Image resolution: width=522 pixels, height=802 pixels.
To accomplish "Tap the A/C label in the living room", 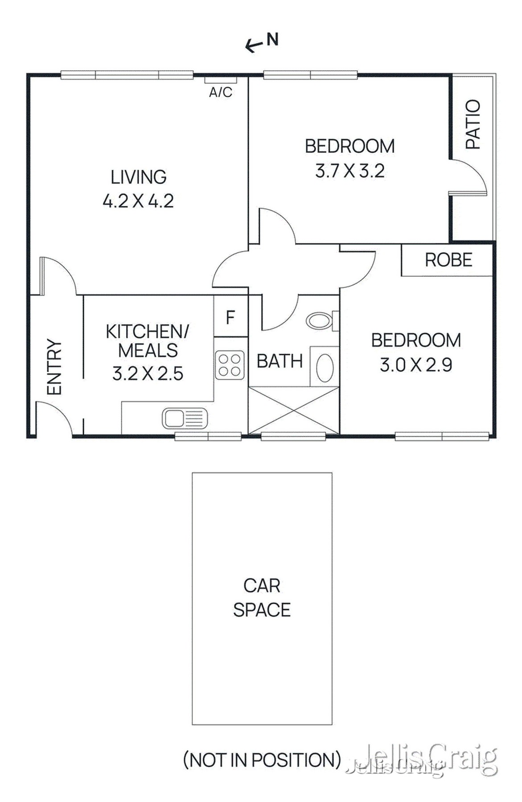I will (x=221, y=92).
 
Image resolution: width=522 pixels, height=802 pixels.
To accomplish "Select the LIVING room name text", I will (x=138, y=177).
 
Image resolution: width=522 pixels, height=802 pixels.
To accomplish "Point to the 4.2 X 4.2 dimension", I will (x=138, y=201).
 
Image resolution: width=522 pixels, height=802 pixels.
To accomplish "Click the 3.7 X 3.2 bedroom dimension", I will (x=349, y=171).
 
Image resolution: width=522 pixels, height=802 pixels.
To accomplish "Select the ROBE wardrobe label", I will (x=448, y=260).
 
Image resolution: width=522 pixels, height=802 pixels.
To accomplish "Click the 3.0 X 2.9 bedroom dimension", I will (x=415, y=365).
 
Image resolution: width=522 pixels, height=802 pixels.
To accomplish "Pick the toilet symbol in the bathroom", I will (x=320, y=320).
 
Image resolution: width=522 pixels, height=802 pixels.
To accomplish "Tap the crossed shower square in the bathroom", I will (x=293, y=410).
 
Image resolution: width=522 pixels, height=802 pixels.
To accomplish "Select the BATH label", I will (x=279, y=361).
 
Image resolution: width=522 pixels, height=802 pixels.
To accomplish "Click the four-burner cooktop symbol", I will (x=230, y=365).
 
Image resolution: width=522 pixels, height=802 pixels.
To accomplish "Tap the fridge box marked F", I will (x=230, y=317).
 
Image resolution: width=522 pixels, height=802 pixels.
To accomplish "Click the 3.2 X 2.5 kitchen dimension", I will (x=148, y=373).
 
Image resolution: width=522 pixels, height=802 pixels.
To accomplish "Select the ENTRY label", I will (x=54, y=367).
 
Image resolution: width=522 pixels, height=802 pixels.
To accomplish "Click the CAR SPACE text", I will (x=262, y=597).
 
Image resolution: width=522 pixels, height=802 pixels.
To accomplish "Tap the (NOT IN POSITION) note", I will (x=262, y=760).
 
